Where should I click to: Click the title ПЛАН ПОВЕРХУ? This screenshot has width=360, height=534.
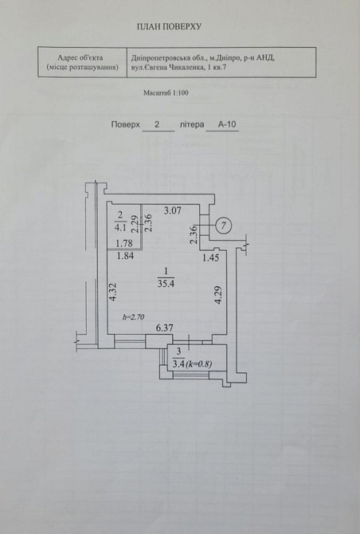pyautogui.click(x=169, y=26)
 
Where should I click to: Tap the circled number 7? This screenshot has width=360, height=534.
pyautogui.click(x=224, y=226)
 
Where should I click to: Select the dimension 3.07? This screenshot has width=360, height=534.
pyautogui.click(x=173, y=210)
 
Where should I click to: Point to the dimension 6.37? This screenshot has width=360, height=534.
pyautogui.click(x=164, y=328)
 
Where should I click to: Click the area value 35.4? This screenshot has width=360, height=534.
pyautogui.click(x=166, y=284)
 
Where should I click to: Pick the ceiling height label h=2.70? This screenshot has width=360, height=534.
pyautogui.click(x=133, y=317)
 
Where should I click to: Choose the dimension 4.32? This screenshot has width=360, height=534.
pyautogui.click(x=113, y=292)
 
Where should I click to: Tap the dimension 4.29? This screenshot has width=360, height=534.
pyautogui.click(x=218, y=295)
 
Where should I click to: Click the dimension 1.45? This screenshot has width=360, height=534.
pyautogui.click(x=210, y=257)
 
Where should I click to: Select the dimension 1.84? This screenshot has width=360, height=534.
pyautogui.click(x=125, y=256)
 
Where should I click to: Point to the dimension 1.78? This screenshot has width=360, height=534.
pyautogui.click(x=124, y=244)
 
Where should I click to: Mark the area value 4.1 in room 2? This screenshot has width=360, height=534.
pyautogui.click(x=121, y=227)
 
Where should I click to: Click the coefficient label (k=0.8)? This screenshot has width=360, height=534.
pyautogui.click(x=199, y=364)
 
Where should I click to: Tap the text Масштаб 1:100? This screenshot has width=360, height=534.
pyautogui.click(x=166, y=93)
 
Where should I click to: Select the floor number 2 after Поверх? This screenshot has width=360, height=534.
pyautogui.click(x=157, y=124)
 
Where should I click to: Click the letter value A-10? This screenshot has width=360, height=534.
pyautogui.click(x=227, y=124)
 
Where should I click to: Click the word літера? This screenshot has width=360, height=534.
pyautogui.click(x=192, y=124)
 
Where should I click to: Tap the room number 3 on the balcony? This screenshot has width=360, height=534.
pyautogui.click(x=179, y=351)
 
